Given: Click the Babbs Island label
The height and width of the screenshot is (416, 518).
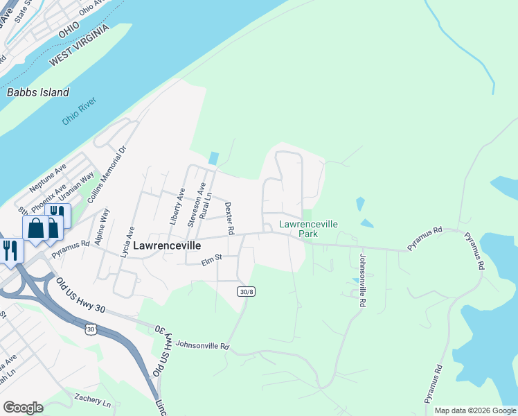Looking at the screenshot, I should click(x=38, y=92).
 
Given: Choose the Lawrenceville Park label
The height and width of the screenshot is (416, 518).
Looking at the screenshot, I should click(x=308, y=229).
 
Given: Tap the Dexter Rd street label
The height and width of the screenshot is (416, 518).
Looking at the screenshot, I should click(x=230, y=218).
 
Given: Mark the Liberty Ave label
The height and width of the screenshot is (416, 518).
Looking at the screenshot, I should click(x=178, y=207).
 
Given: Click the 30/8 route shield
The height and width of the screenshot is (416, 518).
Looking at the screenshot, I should click(x=246, y=291).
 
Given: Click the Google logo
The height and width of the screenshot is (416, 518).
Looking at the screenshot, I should click(x=23, y=408).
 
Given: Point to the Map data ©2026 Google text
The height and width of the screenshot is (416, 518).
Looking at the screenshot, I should click(x=474, y=410).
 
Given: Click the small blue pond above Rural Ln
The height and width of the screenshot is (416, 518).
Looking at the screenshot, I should click(x=213, y=159).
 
